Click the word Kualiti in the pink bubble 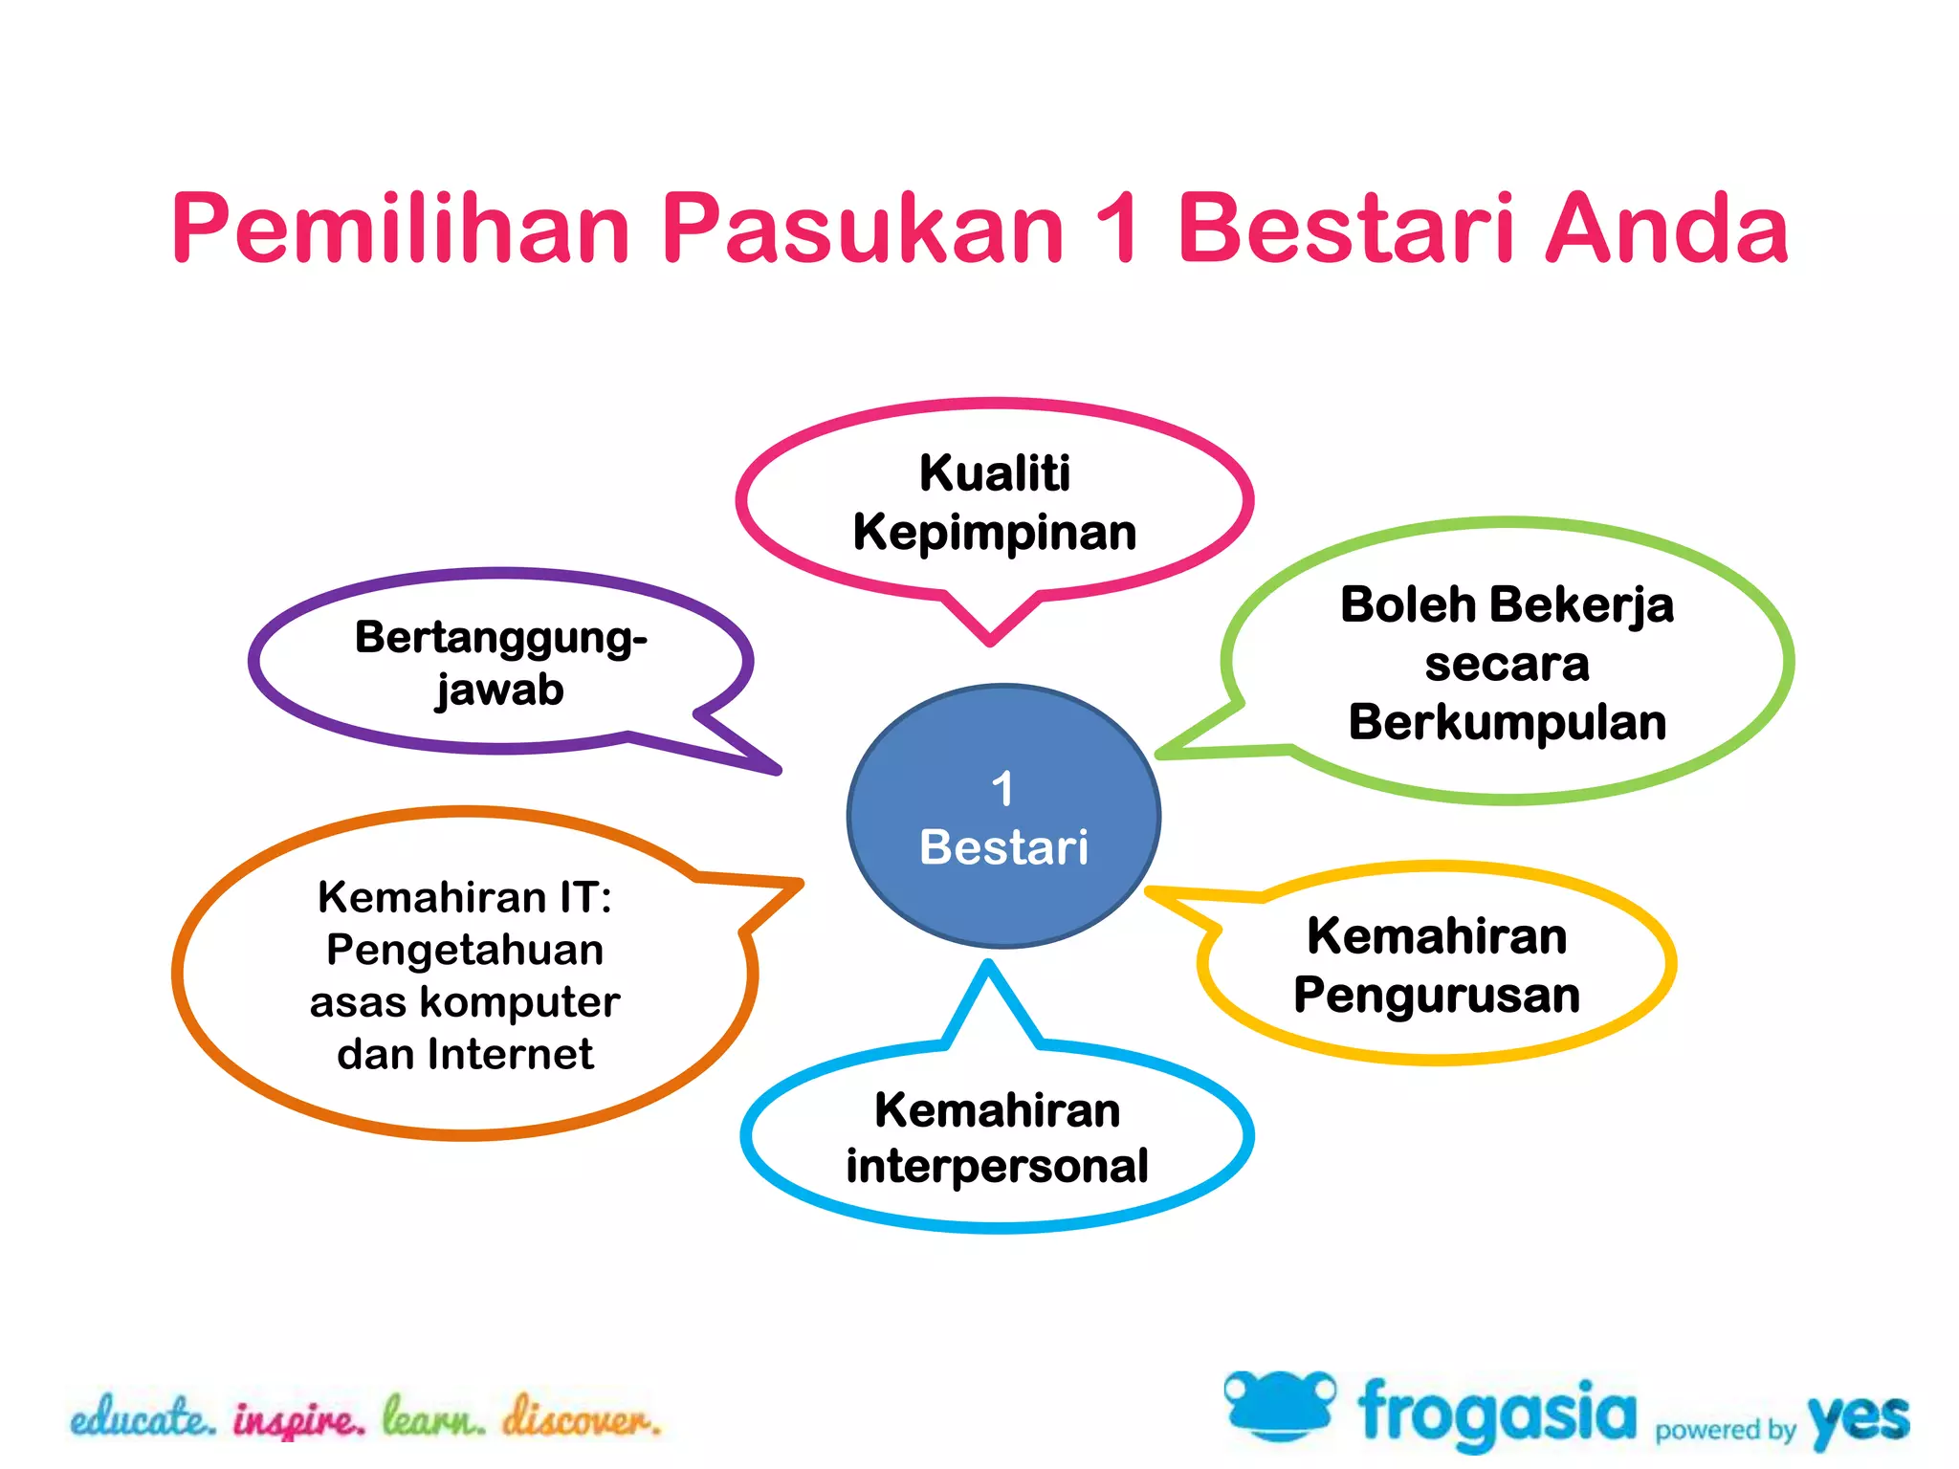coord(995,472)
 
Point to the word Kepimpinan coord(995,533)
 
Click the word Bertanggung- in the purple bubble coord(500,638)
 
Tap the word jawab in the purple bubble coord(499,691)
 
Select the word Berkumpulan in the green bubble coord(1508,722)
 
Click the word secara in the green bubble coord(1508,664)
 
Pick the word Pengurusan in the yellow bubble coord(1437,995)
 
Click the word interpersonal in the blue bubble coord(997,1166)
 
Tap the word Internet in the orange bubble coord(510,1054)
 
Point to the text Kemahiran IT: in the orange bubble coord(465,897)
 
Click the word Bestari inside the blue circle coord(1003,847)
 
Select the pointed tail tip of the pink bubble coord(990,642)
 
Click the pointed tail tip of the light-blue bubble coord(988,966)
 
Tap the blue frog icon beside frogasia coord(1279,1405)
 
